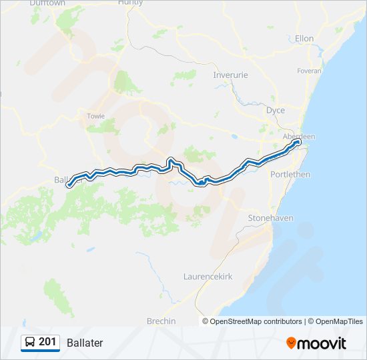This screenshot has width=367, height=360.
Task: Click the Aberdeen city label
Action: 299,136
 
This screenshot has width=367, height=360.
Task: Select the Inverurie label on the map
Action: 230,75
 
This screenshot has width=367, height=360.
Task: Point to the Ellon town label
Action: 304,39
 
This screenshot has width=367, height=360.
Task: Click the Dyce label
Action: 275,110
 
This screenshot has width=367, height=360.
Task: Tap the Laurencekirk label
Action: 208,276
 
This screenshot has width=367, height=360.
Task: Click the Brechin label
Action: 161,321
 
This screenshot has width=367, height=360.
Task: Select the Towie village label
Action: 96,116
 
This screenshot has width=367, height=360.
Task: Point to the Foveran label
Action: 310,71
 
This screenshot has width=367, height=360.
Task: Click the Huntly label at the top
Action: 130,3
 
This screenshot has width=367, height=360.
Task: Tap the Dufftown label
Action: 47,3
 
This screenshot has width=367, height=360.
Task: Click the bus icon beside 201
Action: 30,343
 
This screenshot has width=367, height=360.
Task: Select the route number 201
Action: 47,342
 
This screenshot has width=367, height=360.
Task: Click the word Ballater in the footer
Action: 85,343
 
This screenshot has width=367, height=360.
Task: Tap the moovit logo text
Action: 322,343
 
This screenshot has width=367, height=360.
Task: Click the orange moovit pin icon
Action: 291,343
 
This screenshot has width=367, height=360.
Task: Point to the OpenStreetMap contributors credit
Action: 256,321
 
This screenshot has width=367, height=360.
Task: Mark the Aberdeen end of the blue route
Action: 298,141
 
